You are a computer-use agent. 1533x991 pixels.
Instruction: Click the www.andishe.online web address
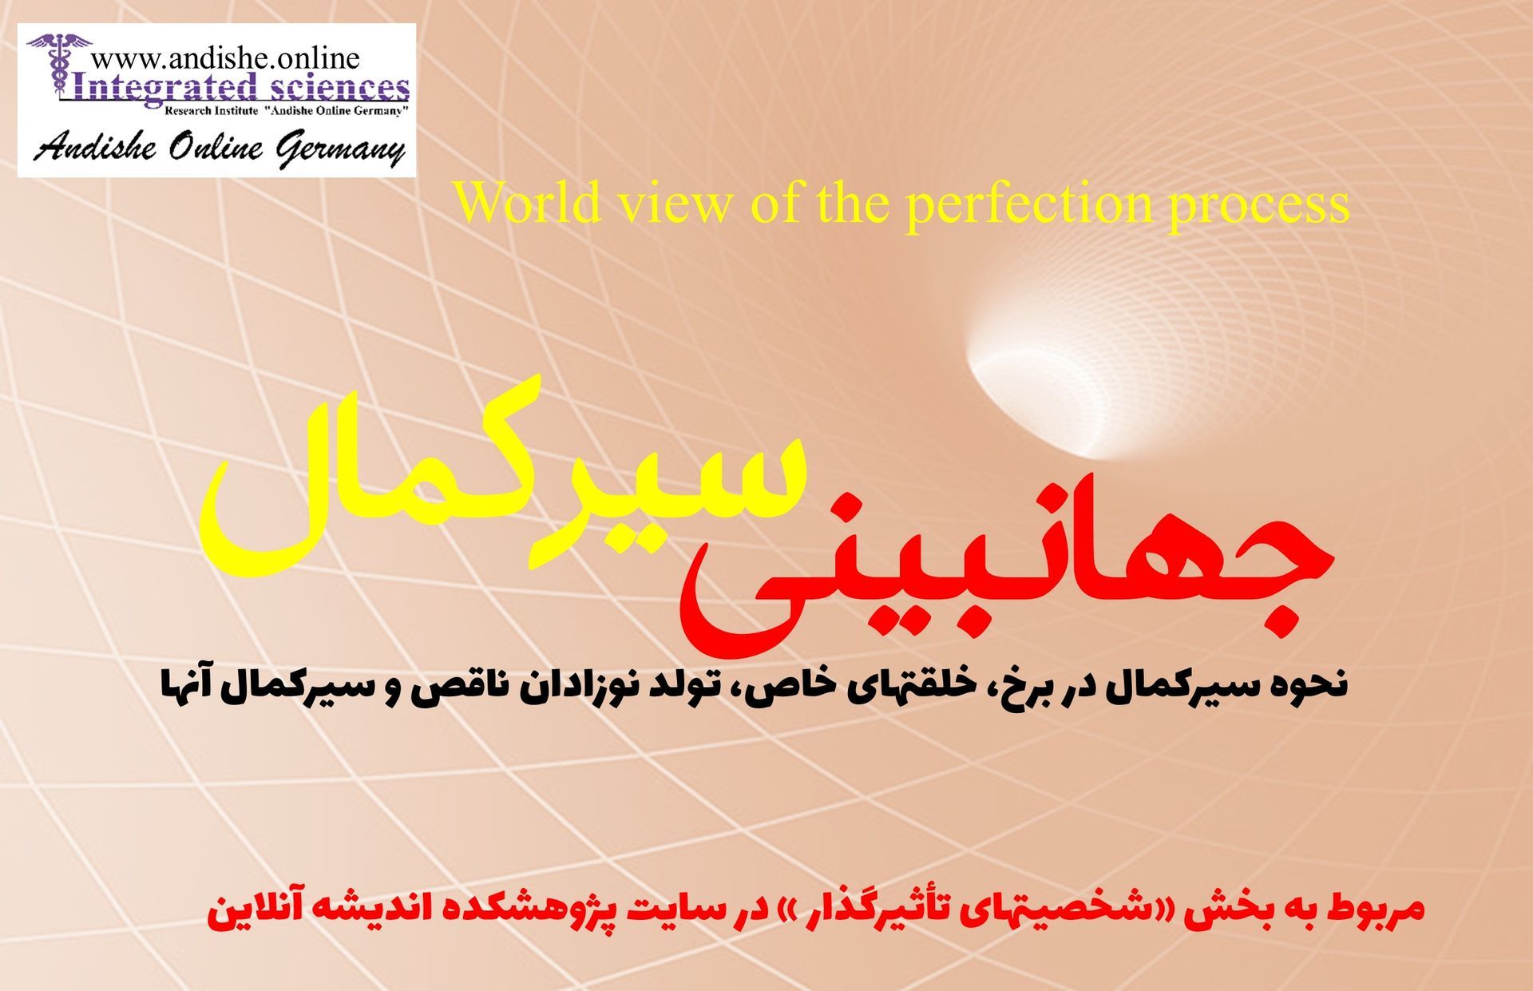point(225,57)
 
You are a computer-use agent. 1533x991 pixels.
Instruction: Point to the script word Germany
point(341,149)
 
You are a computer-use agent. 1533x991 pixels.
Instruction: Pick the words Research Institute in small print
point(211,111)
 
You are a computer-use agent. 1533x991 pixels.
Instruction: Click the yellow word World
point(528,203)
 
